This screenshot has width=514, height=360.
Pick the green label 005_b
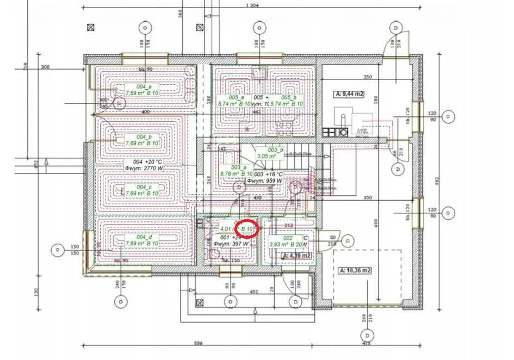(x=289, y=97)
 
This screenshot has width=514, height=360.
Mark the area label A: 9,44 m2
(x=349, y=94)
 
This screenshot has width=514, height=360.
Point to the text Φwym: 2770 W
(x=144, y=169)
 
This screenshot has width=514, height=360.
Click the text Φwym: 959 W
(x=265, y=181)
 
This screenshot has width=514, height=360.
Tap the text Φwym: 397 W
(x=231, y=244)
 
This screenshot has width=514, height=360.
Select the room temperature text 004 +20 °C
(x=144, y=162)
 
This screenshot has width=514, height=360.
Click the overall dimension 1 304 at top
(x=251, y=5)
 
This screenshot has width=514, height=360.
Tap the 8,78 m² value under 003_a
(x=232, y=174)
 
